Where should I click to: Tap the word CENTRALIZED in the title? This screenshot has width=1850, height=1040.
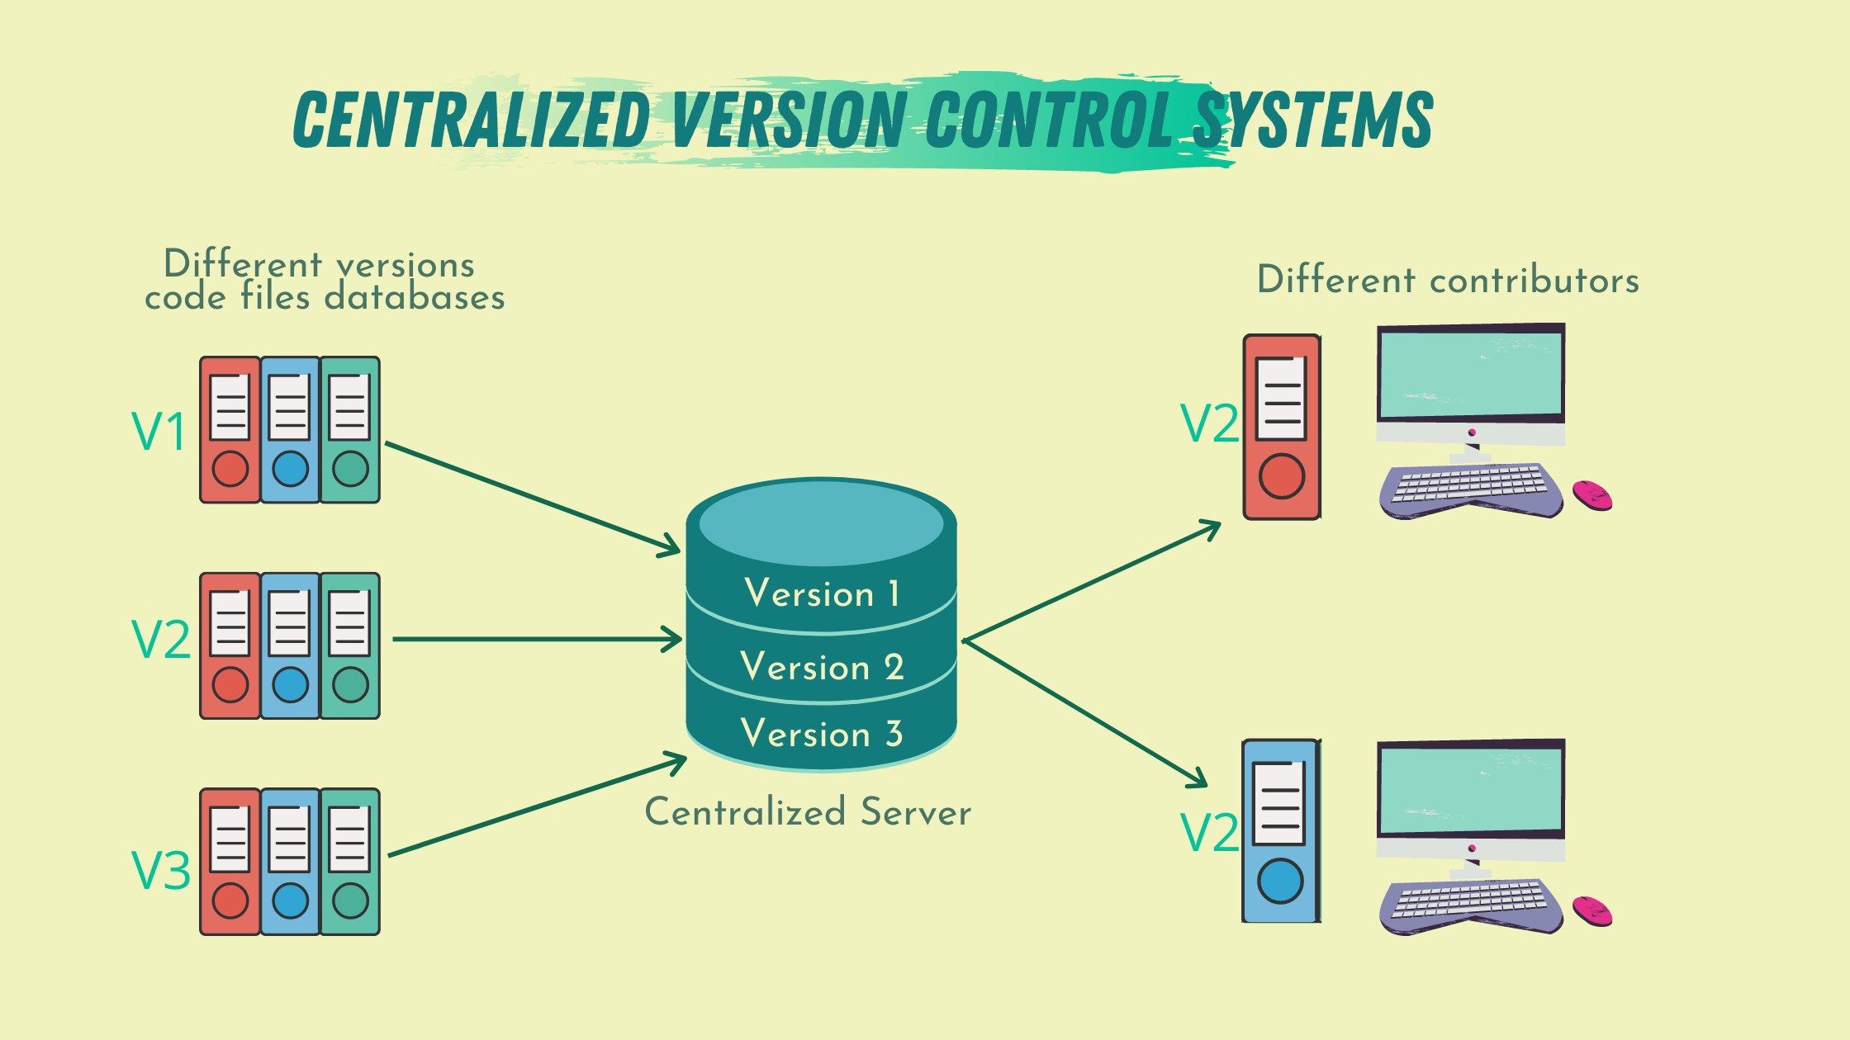(x=472, y=121)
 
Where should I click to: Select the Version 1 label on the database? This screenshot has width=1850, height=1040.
(x=822, y=593)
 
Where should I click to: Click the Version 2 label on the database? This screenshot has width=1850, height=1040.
(x=822, y=667)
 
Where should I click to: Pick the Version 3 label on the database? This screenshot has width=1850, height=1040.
(x=822, y=734)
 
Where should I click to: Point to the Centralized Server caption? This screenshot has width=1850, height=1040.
(x=808, y=812)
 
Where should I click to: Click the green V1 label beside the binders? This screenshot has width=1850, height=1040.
(x=159, y=431)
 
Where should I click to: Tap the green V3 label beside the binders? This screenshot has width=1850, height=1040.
(x=161, y=870)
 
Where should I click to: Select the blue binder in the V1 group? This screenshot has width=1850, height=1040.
(x=290, y=430)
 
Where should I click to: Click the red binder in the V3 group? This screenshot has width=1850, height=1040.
(x=230, y=862)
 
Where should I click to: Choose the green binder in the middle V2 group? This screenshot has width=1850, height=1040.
(x=350, y=645)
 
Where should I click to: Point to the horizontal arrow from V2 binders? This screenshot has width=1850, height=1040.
(x=537, y=639)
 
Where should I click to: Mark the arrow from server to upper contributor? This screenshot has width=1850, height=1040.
(x=1090, y=581)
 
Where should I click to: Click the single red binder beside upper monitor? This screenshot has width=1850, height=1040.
(x=1282, y=427)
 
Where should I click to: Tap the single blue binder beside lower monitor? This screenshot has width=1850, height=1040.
(x=1281, y=831)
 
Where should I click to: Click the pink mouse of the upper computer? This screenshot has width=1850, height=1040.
(x=1592, y=495)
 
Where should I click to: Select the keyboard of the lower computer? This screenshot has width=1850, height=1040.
(x=1470, y=903)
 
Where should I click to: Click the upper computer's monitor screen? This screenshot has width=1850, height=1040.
(x=1471, y=373)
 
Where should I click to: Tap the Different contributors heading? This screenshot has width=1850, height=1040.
(x=1448, y=281)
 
